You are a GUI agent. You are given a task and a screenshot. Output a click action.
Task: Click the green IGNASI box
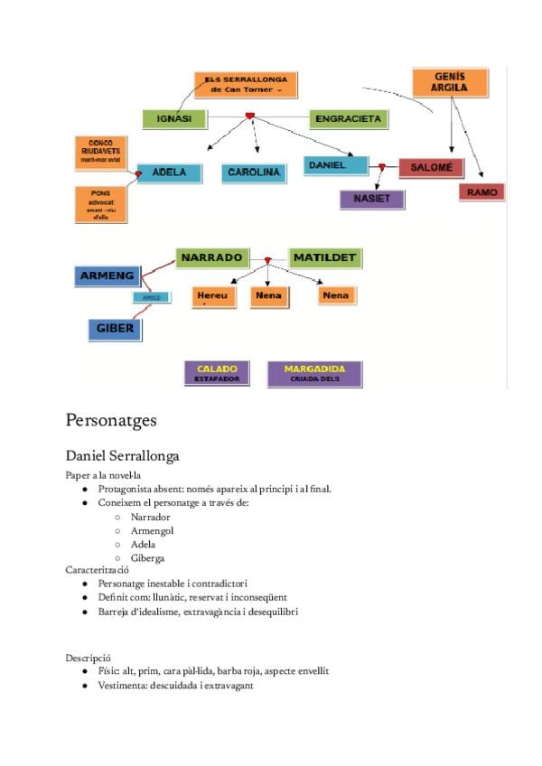click(x=174, y=118)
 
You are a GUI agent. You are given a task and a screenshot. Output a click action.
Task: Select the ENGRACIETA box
click(x=348, y=118)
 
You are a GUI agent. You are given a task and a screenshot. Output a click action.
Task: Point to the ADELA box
click(x=169, y=172)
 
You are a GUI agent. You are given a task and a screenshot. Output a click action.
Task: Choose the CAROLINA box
click(x=254, y=172)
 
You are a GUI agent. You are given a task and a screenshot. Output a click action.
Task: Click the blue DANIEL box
click(x=336, y=165)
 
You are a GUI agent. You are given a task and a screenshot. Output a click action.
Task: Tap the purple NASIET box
click(x=370, y=199)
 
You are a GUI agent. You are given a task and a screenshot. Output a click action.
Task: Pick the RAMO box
click(x=481, y=191)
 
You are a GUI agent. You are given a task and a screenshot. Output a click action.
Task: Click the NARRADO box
click(x=210, y=258)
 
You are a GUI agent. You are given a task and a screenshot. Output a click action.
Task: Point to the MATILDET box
click(x=324, y=258)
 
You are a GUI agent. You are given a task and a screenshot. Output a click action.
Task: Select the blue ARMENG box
click(x=107, y=276)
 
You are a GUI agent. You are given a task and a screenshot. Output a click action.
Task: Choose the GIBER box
click(x=115, y=329)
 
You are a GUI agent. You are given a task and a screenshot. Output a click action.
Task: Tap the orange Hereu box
click(x=213, y=295)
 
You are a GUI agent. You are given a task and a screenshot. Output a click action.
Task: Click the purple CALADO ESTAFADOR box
click(x=217, y=373)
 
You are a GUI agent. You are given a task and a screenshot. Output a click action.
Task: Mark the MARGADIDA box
click(x=313, y=373)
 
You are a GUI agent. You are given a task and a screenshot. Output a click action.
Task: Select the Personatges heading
click(x=111, y=420)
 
